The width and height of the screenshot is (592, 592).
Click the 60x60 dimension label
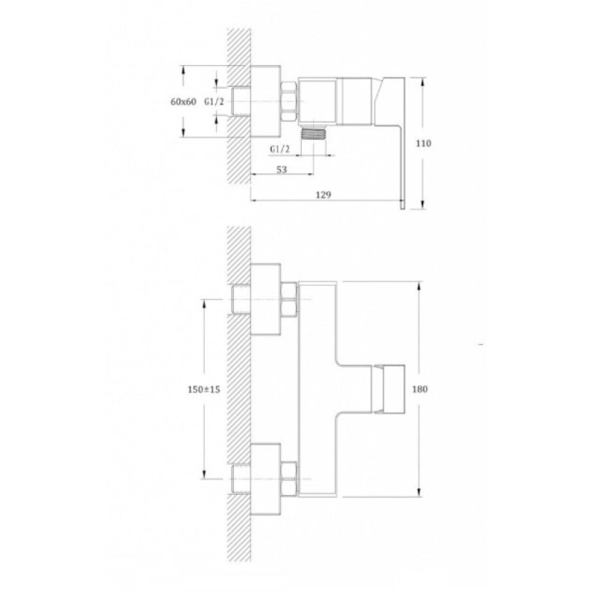pyautogui.click(x=184, y=101)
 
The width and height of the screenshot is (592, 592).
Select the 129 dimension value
pyautogui.click(x=323, y=195)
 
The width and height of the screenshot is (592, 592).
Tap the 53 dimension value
pyautogui.click(x=282, y=169)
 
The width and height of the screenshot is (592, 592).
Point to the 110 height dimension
pyautogui.click(x=423, y=144)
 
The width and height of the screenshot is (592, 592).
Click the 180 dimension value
pyautogui.click(x=420, y=389)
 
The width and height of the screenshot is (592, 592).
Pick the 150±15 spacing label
pyautogui.click(x=204, y=389)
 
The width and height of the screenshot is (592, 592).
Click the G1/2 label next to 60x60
pyautogui.click(x=214, y=101)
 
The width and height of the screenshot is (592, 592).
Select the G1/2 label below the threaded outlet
pyautogui.click(x=280, y=149)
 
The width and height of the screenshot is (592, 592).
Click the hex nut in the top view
pyautogui.click(x=289, y=101)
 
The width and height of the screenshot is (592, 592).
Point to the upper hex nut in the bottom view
pyautogui.click(x=289, y=299)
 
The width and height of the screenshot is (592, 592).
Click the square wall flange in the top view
pyautogui.click(x=266, y=101)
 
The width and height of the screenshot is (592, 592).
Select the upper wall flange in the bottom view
pyautogui.click(x=266, y=299)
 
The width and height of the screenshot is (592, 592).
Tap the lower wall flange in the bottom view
pyautogui.click(x=266, y=479)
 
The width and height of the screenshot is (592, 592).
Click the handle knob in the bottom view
pyautogui.click(x=389, y=389)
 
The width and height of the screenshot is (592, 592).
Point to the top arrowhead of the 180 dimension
pyautogui.click(x=419, y=286)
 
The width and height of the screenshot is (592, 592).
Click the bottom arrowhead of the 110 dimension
pyautogui.click(x=423, y=204)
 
